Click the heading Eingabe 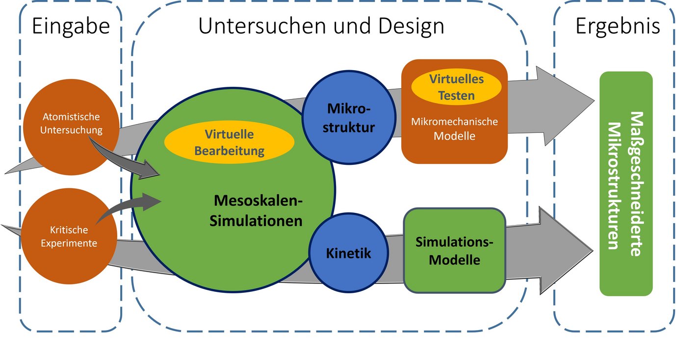(x=71, y=26)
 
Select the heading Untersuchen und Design (x=321, y=26)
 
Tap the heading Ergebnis (x=618, y=26)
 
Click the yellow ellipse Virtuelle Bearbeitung (x=229, y=142)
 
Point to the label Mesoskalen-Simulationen (x=256, y=211)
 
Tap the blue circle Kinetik (x=348, y=254)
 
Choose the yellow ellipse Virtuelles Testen (x=456, y=87)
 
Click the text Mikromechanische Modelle (x=454, y=129)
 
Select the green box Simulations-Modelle (x=454, y=250)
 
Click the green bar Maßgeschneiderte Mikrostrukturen (x=626, y=183)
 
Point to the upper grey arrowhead (x=564, y=105)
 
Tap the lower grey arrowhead (x=564, y=250)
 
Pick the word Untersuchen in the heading (x=250, y=26)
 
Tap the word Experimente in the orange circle (x=69, y=243)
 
